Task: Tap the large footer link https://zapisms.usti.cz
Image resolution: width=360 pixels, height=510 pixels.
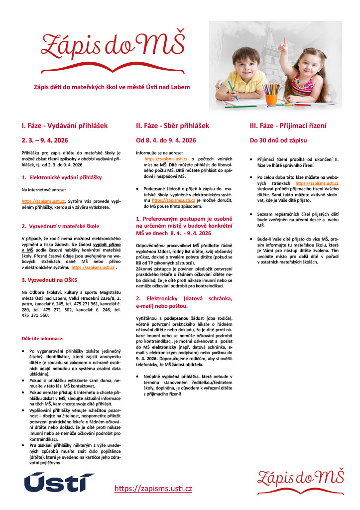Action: pyautogui.click(x=153, y=489)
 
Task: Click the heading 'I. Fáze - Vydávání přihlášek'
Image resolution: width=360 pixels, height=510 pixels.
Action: pyautogui.click(x=64, y=126)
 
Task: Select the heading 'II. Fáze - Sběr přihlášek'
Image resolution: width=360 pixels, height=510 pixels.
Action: pyautogui.click(x=172, y=126)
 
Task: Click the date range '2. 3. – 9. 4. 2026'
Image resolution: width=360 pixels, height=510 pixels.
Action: pyautogui.click(x=47, y=140)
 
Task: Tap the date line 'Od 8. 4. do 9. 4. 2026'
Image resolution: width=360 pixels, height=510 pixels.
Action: pyautogui.click(x=166, y=140)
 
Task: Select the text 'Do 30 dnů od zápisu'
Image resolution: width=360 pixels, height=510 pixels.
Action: pyautogui.click(x=278, y=140)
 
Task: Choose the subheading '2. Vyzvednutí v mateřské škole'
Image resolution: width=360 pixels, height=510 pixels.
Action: pyautogui.click(x=60, y=226)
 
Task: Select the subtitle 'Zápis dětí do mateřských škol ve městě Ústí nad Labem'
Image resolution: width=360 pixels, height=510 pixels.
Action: pyautogui.click(x=111, y=87)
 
